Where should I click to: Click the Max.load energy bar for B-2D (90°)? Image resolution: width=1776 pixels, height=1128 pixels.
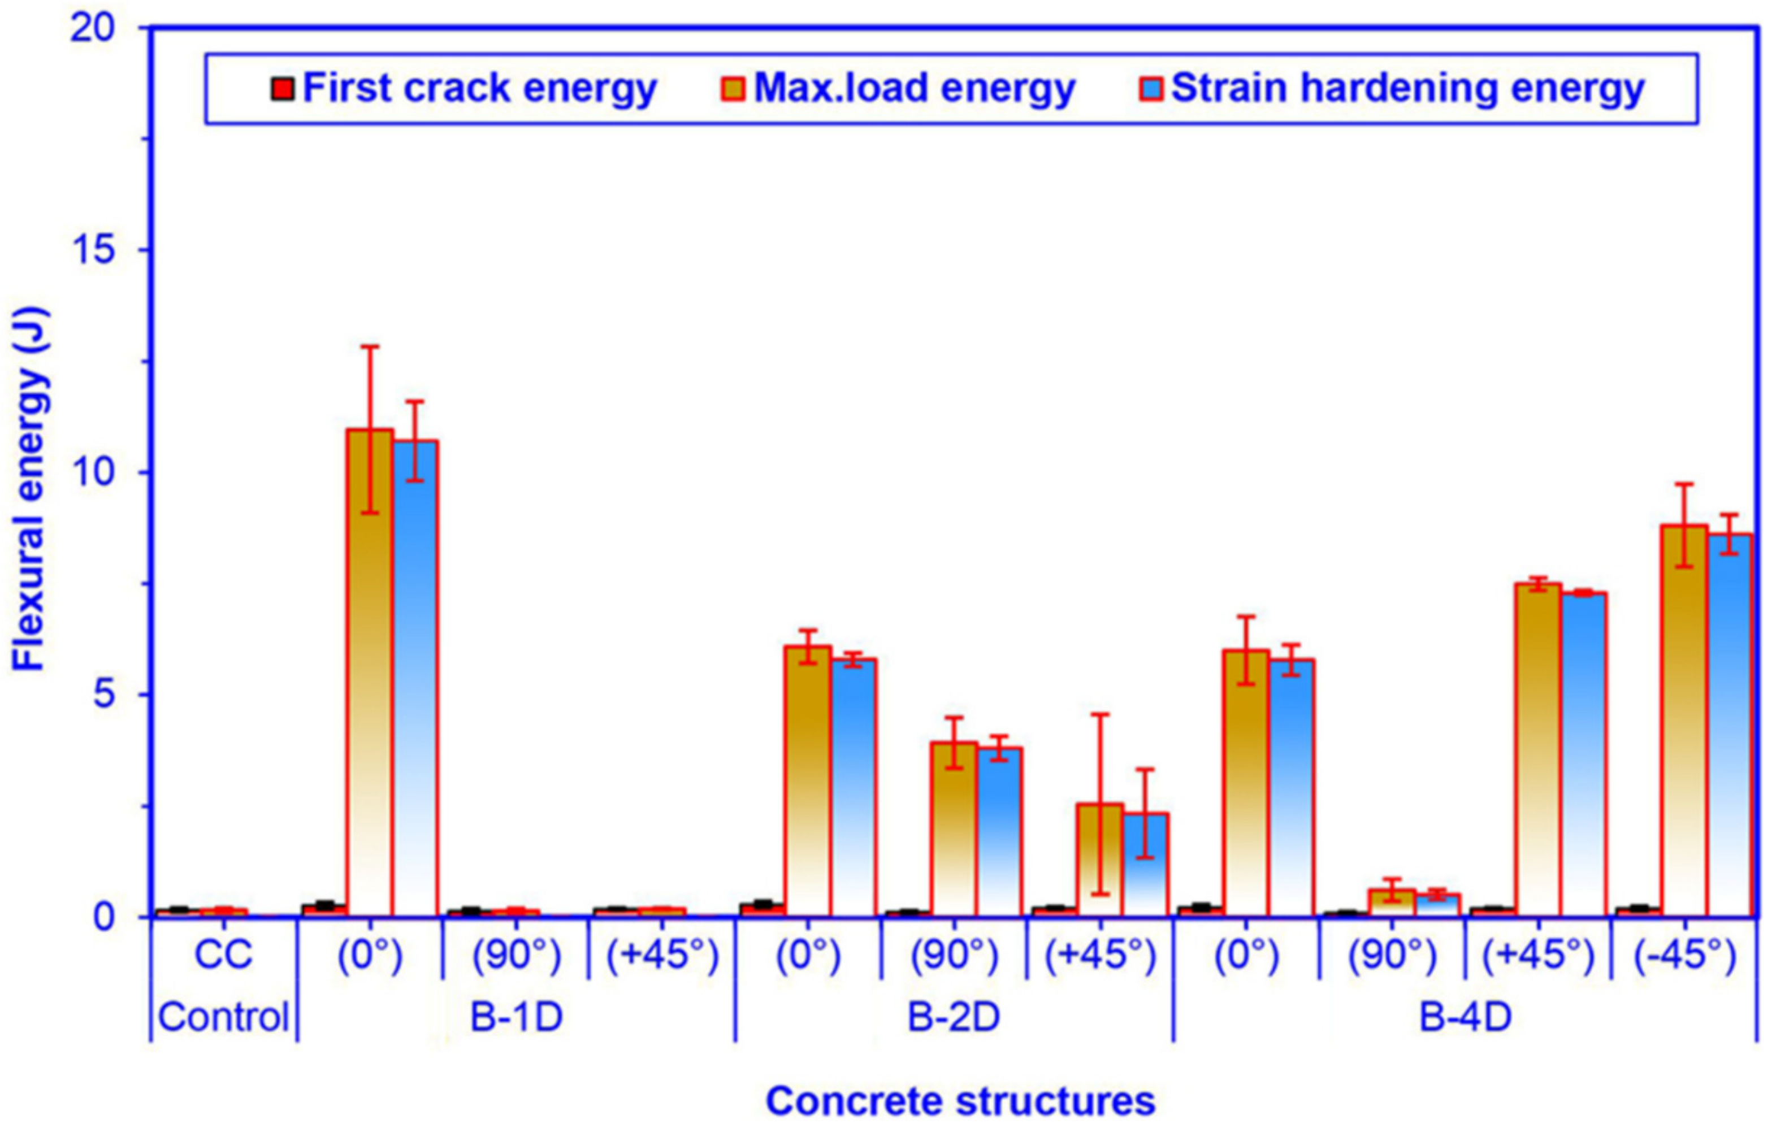coord(954,830)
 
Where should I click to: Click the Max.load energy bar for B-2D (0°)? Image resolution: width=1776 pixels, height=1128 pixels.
coord(808,782)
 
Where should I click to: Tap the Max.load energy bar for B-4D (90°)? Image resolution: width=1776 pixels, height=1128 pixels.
coord(1392,903)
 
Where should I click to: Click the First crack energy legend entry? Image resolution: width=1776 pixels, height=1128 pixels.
coord(465,89)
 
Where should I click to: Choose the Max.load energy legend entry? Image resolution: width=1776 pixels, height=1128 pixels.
coord(898,89)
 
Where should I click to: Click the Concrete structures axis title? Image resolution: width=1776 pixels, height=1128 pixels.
coord(960,1101)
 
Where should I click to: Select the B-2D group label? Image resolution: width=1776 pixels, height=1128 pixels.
coord(953,1017)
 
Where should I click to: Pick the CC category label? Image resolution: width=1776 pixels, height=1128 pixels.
coord(223,955)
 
